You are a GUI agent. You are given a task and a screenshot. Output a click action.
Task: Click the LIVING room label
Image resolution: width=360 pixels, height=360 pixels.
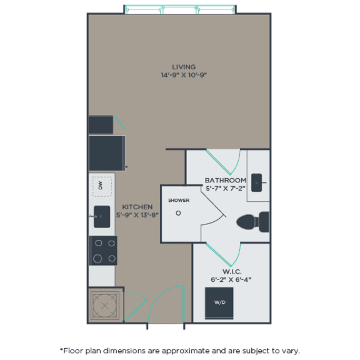point(184,67)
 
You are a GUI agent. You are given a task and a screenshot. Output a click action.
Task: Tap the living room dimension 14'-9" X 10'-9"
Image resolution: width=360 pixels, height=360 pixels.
point(184,75)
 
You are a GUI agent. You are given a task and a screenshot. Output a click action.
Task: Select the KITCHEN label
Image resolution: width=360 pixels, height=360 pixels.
point(137,207)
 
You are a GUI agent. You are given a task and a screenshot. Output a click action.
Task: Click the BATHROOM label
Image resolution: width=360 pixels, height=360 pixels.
point(226,180)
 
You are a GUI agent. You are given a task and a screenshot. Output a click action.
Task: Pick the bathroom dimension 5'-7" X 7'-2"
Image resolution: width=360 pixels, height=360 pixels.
point(226,187)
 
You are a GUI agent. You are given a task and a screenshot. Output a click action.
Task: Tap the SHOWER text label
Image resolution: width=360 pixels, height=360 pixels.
point(178,201)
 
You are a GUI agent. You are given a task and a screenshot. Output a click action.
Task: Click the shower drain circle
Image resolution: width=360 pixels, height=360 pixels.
point(178,212)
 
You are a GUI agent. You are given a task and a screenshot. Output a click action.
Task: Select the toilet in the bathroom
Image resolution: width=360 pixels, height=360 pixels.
point(253,221)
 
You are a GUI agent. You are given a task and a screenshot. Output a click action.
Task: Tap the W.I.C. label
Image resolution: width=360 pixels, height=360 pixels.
point(231,272)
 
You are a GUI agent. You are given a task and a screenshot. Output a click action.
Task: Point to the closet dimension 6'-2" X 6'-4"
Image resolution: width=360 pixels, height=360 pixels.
point(231,280)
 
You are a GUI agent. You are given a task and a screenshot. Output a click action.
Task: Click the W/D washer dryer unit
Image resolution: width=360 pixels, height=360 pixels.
point(219,303)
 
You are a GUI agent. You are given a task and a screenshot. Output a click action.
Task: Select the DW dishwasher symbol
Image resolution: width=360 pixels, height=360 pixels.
point(101,185)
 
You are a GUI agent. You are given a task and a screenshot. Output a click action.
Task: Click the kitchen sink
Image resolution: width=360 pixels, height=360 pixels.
point(102,217)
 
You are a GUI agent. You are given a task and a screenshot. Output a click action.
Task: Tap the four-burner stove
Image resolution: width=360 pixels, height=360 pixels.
point(102,250)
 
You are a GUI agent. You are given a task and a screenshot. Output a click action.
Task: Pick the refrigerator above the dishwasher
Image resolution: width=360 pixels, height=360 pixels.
point(106,153)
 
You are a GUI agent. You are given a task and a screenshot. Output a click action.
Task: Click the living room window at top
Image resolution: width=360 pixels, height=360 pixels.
point(180,9)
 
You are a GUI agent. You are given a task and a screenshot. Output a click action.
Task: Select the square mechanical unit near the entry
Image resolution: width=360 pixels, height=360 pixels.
point(102,305)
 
